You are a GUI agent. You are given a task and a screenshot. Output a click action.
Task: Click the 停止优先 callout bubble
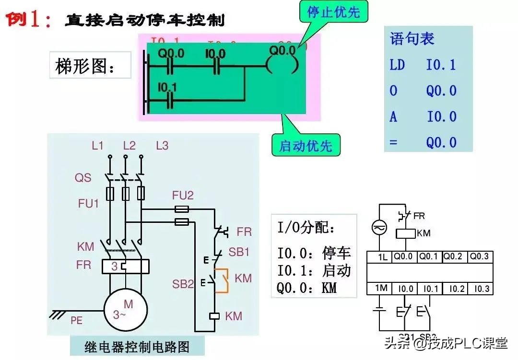click(x=334, y=12)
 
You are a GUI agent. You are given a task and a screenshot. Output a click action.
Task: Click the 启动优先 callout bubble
click(x=306, y=145)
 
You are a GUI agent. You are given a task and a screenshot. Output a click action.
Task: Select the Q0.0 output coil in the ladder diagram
click(x=284, y=65)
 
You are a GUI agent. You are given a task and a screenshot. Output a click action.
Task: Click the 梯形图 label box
click(x=90, y=65)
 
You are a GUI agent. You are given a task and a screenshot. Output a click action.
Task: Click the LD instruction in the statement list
click(x=397, y=65)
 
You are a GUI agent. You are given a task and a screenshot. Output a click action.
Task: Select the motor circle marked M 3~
click(x=123, y=309)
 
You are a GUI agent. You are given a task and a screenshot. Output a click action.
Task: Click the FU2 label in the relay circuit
click(x=183, y=195)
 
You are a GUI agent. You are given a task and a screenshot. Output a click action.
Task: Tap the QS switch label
click(x=83, y=178)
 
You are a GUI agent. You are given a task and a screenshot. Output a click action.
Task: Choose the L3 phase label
click(x=162, y=146)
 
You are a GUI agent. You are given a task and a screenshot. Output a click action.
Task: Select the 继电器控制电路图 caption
click(x=137, y=346)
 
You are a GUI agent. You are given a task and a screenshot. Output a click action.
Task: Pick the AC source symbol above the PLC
click(x=379, y=229)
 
